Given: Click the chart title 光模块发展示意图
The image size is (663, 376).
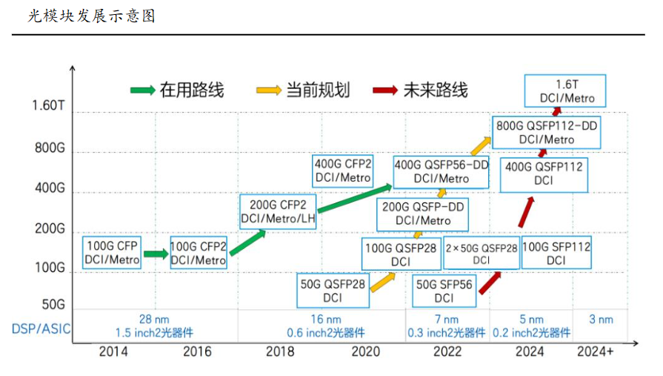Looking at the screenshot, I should (x=92, y=16).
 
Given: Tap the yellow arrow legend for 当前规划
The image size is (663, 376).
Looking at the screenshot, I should (x=268, y=90).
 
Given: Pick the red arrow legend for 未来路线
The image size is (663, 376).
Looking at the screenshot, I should (x=386, y=90).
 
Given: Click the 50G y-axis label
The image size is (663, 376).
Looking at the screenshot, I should (x=54, y=304).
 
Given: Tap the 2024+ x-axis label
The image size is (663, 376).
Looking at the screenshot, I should (x=595, y=352).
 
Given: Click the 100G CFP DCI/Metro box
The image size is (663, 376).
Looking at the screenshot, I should (x=112, y=252).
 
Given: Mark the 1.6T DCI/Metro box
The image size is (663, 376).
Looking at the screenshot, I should (x=565, y=91).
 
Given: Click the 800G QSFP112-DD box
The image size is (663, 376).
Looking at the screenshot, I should (x=547, y=132).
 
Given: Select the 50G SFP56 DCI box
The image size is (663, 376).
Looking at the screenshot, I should (x=444, y=291).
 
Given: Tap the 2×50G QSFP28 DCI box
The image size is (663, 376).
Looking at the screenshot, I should (x=481, y=254).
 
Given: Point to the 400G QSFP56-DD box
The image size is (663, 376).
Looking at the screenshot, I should (x=441, y=172).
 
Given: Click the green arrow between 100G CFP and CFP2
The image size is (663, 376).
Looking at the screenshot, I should (x=156, y=254).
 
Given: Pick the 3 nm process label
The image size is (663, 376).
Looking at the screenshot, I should (x=601, y=319).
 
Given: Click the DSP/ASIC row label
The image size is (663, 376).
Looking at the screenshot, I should (x=41, y=327).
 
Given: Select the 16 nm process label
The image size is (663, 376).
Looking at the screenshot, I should (x=321, y=319).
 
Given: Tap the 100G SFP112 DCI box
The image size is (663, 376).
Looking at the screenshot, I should (x=556, y=254).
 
